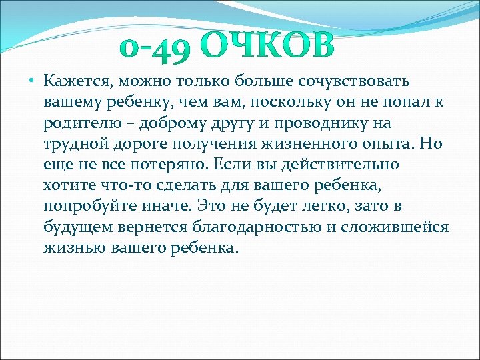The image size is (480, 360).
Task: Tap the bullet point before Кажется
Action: click(32, 82)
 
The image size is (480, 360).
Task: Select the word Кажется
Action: click(79, 81)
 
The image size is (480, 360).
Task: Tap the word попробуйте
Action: click(87, 207)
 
